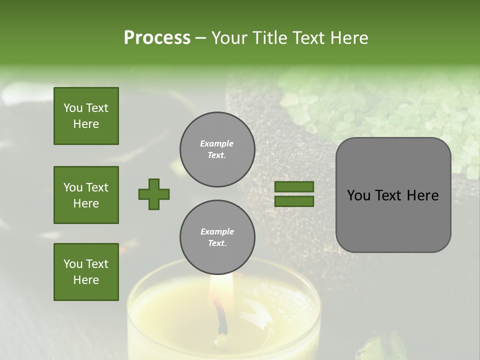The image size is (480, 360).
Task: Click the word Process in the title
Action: (157, 38)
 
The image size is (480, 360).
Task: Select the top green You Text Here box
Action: (86, 116)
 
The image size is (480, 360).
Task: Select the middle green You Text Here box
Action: (86, 195)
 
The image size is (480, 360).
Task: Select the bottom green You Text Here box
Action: (86, 272)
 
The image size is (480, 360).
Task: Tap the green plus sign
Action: (154, 194)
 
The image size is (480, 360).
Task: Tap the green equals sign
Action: (294, 194)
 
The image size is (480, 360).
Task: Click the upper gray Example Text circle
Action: (217, 149)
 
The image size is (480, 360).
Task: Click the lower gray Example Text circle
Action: (217, 237)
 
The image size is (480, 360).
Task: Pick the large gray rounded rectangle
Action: (393, 195)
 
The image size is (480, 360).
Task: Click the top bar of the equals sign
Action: (294, 187)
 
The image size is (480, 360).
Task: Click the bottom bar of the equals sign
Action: (294, 201)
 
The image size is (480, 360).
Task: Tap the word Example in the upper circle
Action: (217, 143)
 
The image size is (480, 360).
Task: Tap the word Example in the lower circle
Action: (217, 231)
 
